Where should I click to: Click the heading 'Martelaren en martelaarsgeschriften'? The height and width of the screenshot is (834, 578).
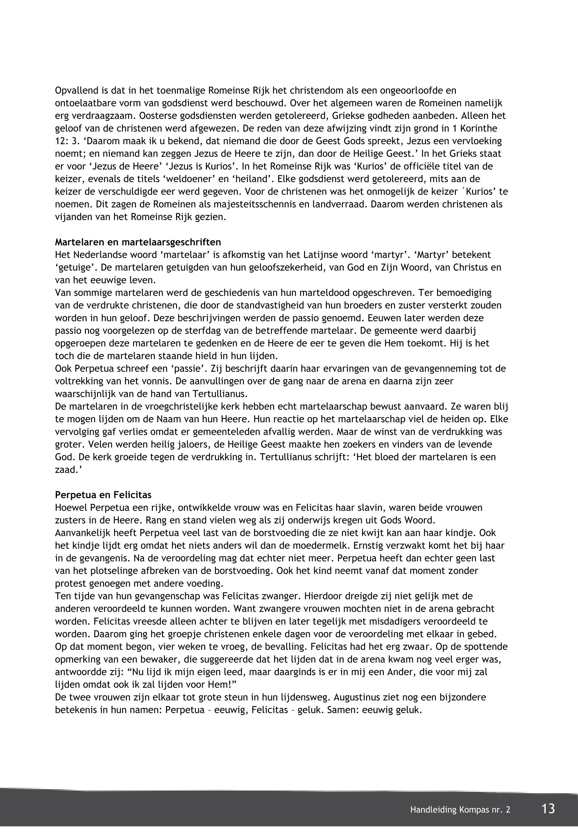click(138, 242)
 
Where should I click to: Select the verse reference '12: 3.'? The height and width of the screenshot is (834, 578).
click(67, 141)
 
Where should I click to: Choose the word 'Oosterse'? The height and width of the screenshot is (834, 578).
click(160, 116)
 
